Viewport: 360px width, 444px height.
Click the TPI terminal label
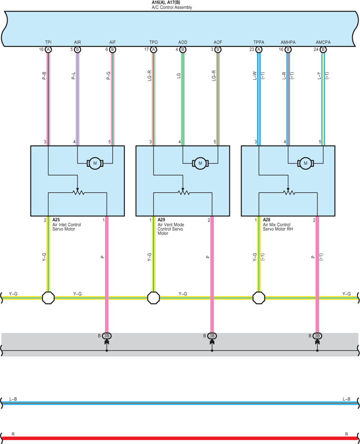coord(48,42)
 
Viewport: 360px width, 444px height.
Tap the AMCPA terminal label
coord(323,42)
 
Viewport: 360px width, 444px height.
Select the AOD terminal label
coord(182,42)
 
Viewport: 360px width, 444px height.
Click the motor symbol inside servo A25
coord(95,163)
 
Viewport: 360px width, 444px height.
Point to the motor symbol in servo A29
coord(200,163)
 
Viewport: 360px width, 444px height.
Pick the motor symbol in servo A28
coord(305,163)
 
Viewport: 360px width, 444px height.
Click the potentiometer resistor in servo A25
coord(78,193)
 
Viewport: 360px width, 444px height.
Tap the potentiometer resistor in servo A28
coord(289,193)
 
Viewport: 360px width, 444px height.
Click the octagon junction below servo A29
coord(154,298)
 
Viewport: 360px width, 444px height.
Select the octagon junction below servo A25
coord(48,298)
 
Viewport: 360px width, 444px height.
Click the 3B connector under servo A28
coord(317,336)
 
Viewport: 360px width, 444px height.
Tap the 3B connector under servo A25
coord(106,336)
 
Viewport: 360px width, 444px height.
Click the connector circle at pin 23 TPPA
coord(259,50)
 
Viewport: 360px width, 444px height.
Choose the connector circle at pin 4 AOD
coord(182,50)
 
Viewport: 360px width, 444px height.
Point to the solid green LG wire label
coord(178,76)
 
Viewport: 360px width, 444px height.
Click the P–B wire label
coord(44,76)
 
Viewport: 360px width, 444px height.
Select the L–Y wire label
coord(319,76)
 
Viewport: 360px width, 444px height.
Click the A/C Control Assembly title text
coord(172,7)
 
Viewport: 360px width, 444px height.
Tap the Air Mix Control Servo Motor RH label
coord(278,227)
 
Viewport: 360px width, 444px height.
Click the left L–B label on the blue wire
coord(13,399)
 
